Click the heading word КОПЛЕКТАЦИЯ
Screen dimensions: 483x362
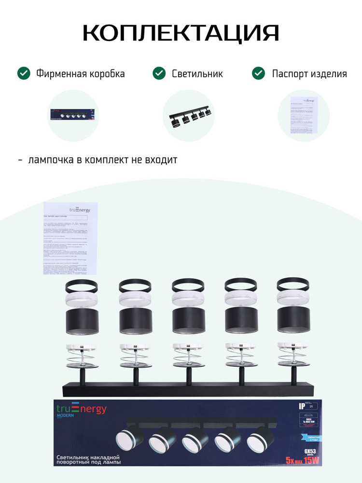[181, 33]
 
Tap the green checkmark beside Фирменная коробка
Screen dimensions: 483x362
[24, 73]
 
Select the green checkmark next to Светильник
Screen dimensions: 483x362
[159, 73]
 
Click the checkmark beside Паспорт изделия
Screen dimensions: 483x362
[259, 73]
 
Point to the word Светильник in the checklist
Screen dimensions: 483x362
[197, 74]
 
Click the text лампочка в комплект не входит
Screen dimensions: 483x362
[102, 159]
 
